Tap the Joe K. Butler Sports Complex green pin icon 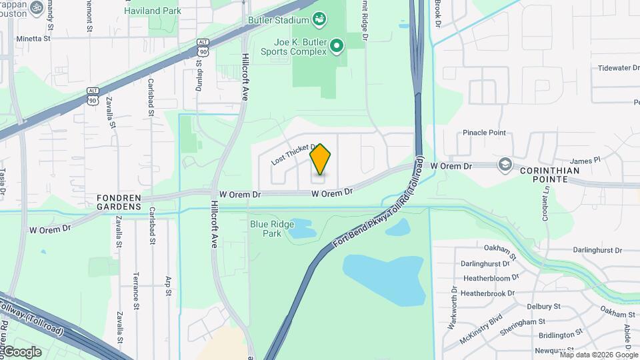click(337, 45)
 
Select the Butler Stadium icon click(320, 19)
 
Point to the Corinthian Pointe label click(550, 171)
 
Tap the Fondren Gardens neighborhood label click(119, 202)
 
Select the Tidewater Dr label click(618, 68)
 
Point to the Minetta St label click(33, 39)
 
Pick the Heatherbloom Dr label click(490, 278)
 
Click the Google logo click(21, 352)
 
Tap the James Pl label click(585, 161)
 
